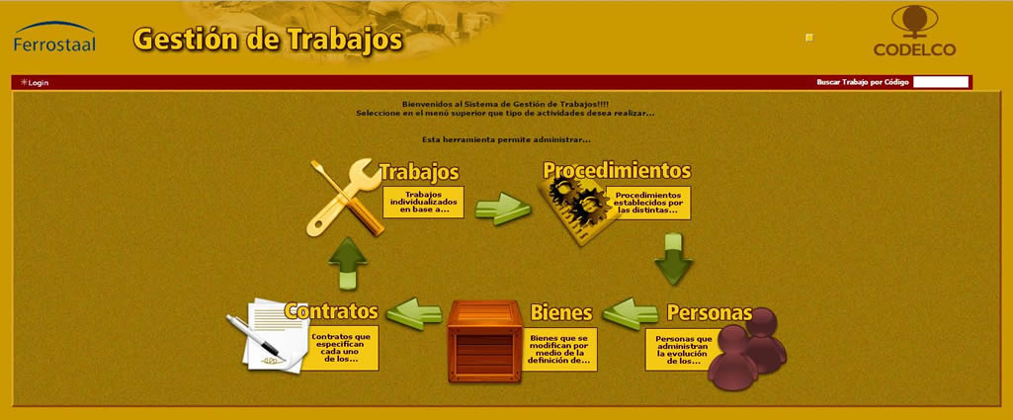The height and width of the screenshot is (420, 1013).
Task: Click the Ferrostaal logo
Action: (54, 37)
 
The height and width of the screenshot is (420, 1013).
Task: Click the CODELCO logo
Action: (915, 32)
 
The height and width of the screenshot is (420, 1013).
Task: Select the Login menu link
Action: (35, 83)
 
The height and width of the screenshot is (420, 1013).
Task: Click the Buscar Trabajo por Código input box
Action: (941, 82)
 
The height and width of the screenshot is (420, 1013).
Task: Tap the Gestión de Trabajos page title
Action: (268, 40)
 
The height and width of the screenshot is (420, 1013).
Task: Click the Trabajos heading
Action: (419, 172)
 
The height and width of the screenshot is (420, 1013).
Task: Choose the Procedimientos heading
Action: (617, 171)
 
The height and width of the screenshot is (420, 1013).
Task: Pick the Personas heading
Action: (710, 312)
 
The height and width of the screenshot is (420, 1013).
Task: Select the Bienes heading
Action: (561, 312)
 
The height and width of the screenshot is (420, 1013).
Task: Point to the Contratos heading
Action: (331, 311)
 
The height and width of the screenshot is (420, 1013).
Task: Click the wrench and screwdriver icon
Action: (344, 197)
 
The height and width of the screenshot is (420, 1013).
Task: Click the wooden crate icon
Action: (484, 341)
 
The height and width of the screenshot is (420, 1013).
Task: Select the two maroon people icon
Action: (747, 349)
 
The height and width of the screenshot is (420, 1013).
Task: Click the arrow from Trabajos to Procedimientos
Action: (503, 209)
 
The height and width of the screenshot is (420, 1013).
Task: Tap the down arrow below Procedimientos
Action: (673, 259)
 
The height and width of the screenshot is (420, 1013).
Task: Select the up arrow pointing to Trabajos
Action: (348, 263)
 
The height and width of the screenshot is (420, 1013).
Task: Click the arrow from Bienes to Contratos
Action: (414, 313)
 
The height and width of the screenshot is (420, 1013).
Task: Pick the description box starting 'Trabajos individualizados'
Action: (423, 203)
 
